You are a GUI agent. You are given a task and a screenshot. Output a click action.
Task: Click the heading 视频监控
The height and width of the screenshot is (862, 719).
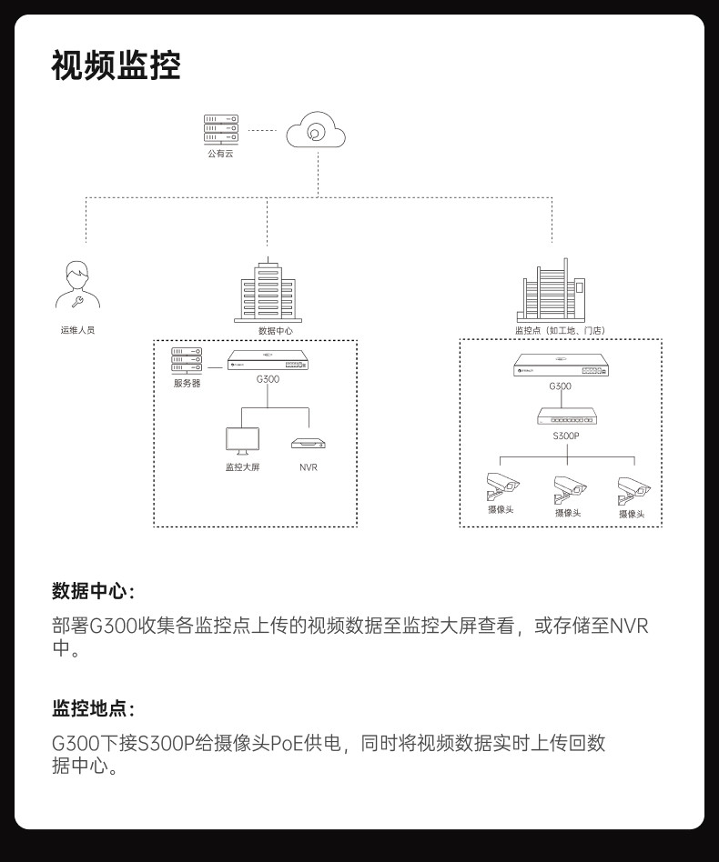click(x=116, y=66)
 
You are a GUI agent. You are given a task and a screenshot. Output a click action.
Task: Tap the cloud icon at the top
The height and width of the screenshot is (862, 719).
click(x=316, y=133)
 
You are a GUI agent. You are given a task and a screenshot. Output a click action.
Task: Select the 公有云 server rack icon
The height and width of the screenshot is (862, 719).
click(x=220, y=128)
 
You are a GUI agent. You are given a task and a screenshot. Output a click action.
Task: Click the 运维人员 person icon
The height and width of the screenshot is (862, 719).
click(x=77, y=286)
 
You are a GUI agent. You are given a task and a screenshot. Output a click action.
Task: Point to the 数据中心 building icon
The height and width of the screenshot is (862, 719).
click(x=268, y=291)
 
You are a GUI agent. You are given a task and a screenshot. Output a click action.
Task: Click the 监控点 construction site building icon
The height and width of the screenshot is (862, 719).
click(x=552, y=291)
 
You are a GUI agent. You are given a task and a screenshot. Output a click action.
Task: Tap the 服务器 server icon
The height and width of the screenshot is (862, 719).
click(x=187, y=360)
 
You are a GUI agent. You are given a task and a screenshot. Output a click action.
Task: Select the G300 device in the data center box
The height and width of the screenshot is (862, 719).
click(x=268, y=360)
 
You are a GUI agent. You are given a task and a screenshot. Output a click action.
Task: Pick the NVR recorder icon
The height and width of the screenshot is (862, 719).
click(x=309, y=443)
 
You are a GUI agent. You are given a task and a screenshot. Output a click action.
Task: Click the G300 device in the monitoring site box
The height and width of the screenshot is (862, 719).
click(x=560, y=366)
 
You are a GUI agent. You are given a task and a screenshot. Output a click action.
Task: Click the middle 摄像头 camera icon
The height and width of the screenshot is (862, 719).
click(x=570, y=489)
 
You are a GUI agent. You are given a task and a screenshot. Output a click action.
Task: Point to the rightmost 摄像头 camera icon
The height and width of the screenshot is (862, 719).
click(x=633, y=490)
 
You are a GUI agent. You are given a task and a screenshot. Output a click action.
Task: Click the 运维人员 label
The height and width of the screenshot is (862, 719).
click(x=77, y=330)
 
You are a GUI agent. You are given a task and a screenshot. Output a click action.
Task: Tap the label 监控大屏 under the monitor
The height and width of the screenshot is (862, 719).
click(x=242, y=467)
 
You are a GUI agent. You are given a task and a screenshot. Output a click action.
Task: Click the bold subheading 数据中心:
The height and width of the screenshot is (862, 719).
click(x=93, y=591)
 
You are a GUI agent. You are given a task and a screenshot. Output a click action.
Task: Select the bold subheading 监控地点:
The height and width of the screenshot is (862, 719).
click(x=93, y=708)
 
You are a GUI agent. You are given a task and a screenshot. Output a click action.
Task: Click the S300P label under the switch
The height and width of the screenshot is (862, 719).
click(x=565, y=436)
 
